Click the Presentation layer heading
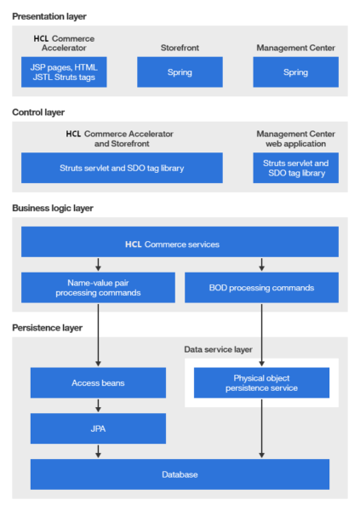[49, 16]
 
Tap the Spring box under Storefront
[180, 72]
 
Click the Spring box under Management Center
[295, 72]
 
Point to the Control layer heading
[38, 112]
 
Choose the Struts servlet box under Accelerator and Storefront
[122, 168]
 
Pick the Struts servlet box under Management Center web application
[295, 168]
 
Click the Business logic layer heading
[53, 207]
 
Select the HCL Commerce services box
[180, 244]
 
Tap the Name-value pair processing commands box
[99, 288]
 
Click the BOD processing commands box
[261, 288]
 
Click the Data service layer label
[220, 349]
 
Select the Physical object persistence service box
[261, 382]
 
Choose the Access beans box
[99, 382]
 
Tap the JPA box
[99, 428]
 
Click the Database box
[180, 474]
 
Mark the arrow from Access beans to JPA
[99, 405]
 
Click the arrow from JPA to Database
[99, 451]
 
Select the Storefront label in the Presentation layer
[180, 48]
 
